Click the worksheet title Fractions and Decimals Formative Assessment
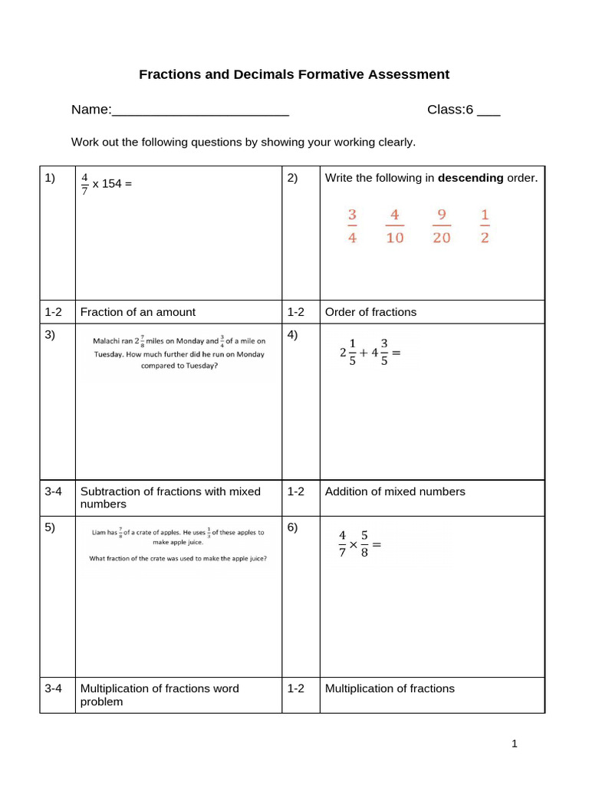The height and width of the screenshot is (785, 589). [x=294, y=74]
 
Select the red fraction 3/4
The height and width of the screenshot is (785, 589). [x=352, y=225]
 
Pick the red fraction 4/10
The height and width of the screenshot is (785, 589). [x=394, y=225]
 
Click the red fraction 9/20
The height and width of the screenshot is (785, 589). [x=441, y=225]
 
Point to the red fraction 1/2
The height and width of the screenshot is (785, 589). [x=484, y=225]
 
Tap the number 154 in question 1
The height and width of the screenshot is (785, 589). [x=113, y=184]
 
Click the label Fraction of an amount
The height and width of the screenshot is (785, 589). [x=138, y=312]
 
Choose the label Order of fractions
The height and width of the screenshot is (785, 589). [x=370, y=312]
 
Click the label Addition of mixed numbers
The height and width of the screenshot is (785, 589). [x=395, y=491]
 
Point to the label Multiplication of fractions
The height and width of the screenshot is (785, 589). [x=390, y=688]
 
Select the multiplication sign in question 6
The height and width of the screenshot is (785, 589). [x=354, y=546]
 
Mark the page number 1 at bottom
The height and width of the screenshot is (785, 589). [x=515, y=744]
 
